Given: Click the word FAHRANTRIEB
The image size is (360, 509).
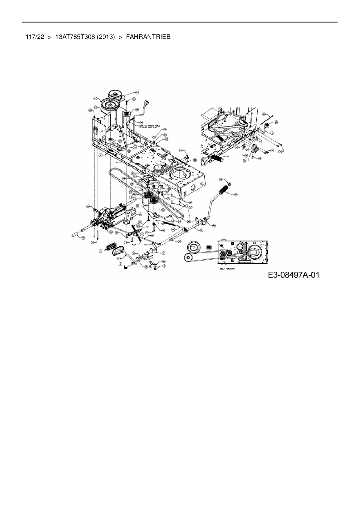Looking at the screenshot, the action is pyautogui.click(x=148, y=37).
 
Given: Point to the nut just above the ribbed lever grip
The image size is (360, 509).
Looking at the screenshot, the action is pyautogui.click(x=229, y=184).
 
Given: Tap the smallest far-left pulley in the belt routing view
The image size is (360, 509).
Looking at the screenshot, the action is pyautogui.click(x=188, y=257).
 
